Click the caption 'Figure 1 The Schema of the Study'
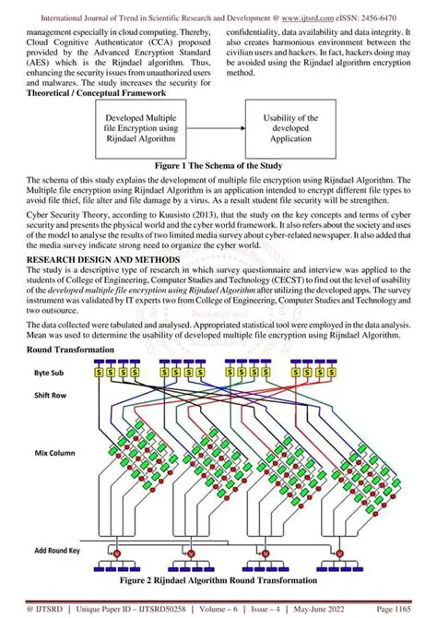point(218,165)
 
